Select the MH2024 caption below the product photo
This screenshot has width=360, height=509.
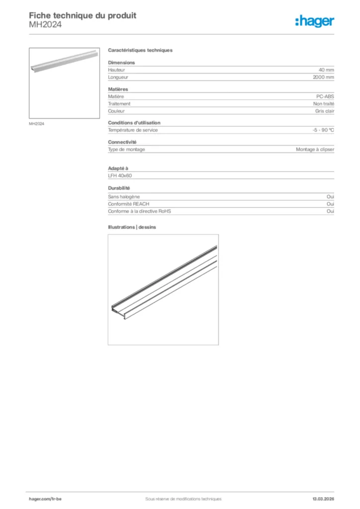click(36, 124)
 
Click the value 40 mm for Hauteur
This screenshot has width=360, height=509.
click(326, 70)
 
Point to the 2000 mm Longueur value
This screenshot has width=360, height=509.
click(323, 78)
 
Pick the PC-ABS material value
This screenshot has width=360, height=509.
click(325, 96)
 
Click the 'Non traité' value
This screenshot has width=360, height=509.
click(324, 104)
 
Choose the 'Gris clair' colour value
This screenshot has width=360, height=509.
click(325, 111)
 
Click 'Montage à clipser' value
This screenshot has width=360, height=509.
click(315, 149)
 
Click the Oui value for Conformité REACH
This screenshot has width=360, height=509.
click(330, 204)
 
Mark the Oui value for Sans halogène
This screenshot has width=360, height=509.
click(330, 197)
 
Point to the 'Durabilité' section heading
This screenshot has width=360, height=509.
click(119, 188)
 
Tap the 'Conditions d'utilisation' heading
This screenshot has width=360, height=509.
click(134, 123)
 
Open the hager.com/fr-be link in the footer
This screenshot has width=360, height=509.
click(45, 499)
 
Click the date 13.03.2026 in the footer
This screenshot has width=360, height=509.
click(323, 499)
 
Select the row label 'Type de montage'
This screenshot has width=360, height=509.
click(126, 149)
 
